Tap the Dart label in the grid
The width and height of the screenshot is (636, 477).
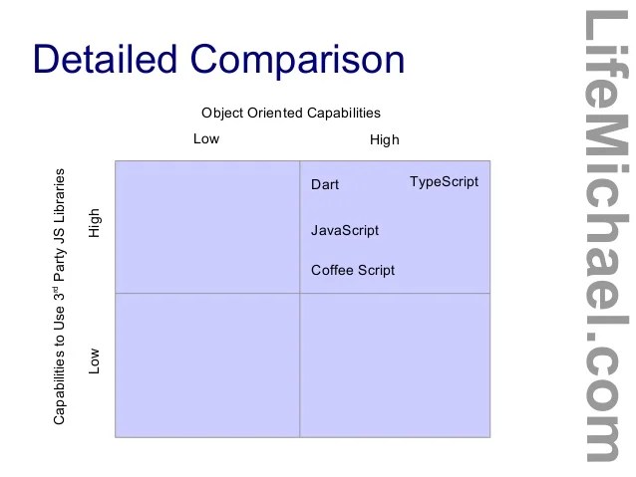tap(325, 185)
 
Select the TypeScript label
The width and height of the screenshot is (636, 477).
tap(444, 182)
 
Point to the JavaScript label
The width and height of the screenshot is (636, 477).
tap(345, 230)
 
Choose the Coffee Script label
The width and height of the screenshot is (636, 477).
tap(353, 270)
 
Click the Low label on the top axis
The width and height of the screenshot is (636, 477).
tap(206, 139)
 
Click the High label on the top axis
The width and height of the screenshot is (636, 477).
tap(384, 140)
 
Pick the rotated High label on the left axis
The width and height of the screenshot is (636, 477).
tap(95, 222)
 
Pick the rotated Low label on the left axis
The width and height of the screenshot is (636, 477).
tap(95, 359)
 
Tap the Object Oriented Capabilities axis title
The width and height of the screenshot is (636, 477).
tap(291, 114)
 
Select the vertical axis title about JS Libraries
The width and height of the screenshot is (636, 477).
tap(60, 296)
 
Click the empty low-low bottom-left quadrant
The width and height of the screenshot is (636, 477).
tap(207, 364)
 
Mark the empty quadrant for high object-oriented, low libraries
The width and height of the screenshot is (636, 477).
tap(395, 364)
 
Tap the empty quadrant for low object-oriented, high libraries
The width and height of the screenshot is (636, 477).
tap(207, 227)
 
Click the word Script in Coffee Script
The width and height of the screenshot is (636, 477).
tap(376, 270)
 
